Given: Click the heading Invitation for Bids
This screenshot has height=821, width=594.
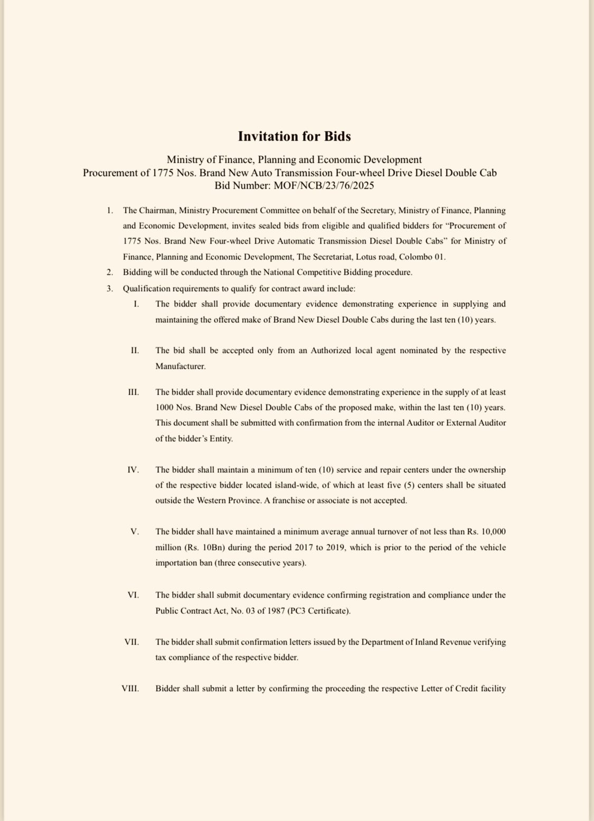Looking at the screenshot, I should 294,136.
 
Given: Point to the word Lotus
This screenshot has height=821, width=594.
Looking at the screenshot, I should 359,257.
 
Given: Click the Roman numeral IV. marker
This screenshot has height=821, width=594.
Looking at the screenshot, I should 133,470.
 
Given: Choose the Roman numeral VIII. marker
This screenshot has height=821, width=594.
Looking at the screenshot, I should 130,688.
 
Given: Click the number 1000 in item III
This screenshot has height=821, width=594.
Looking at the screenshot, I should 165,408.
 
